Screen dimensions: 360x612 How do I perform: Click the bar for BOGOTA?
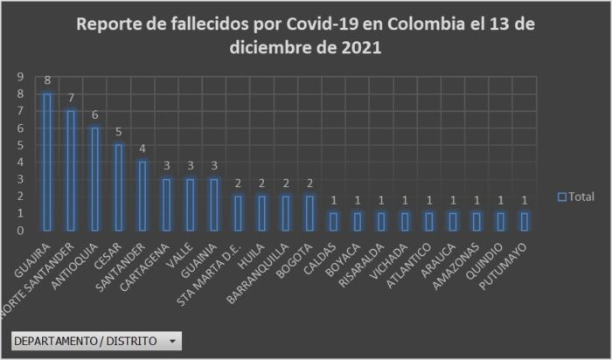[309, 213]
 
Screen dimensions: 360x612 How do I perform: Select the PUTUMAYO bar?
[524, 222]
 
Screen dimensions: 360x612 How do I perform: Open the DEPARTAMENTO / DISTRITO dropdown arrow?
[173, 340]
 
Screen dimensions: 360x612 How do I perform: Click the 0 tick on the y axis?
[19, 231]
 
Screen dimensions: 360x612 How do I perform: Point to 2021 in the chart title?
[358, 49]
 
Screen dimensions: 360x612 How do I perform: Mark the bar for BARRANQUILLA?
[286, 213]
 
